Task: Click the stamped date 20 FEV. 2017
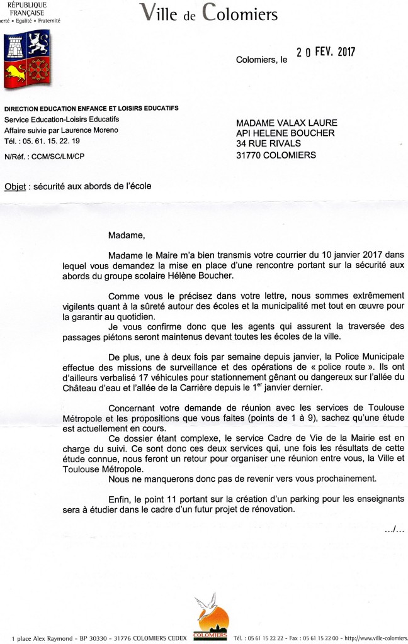pyautogui.click(x=326, y=53)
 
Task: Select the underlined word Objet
pyautogui.click(x=16, y=186)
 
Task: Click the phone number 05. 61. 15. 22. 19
pyautogui.click(x=45, y=140)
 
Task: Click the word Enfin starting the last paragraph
pyautogui.click(x=120, y=499)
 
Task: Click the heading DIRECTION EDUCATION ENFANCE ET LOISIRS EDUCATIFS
pyautogui.click(x=91, y=109)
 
